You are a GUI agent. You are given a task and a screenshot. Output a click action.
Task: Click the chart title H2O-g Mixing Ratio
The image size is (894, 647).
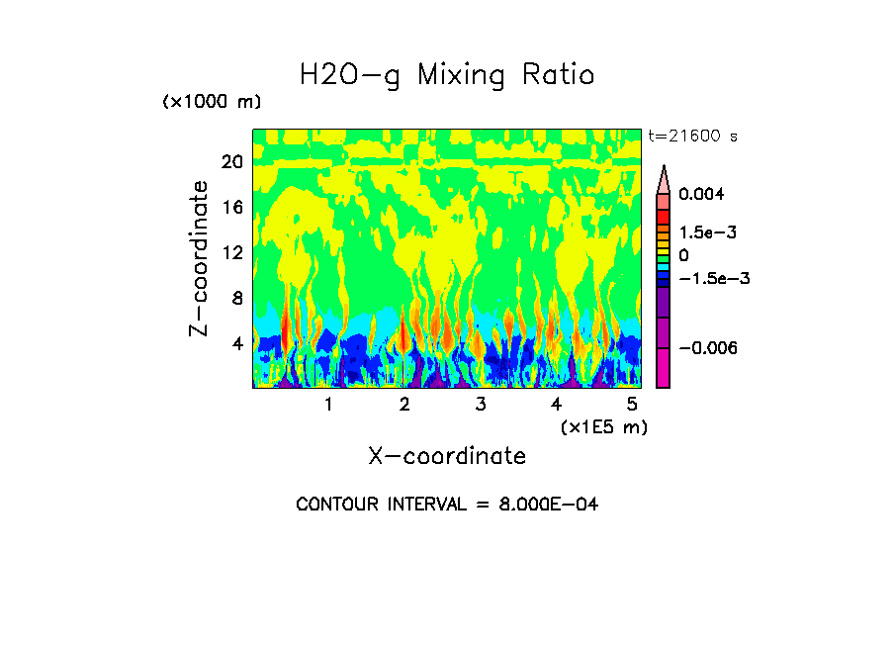447,75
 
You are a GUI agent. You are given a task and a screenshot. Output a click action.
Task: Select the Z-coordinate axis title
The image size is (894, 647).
200,258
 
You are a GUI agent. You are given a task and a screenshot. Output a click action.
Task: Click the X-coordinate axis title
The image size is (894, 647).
447,456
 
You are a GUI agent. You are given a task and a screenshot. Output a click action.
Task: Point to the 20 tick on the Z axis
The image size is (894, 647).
231,162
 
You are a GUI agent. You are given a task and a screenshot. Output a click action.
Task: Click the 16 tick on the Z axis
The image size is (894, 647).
231,208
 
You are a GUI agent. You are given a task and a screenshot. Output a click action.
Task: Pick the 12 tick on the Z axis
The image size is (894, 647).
231,253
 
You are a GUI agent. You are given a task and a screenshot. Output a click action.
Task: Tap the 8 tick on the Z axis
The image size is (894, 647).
236,299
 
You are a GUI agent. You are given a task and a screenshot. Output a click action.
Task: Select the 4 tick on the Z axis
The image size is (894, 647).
236,344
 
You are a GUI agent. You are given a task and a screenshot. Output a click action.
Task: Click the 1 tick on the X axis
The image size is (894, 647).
328,405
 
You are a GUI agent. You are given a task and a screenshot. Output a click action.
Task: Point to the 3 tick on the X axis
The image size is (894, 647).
480,405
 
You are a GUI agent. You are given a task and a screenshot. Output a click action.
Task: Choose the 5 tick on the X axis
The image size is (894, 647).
632,405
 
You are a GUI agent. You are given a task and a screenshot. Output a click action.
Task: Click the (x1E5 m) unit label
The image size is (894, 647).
603,427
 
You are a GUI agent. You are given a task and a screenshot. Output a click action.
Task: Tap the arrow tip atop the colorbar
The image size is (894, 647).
664,169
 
